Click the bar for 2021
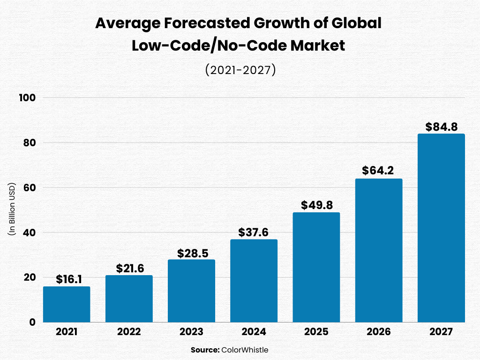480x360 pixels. (67, 304)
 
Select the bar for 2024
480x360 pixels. (254, 281)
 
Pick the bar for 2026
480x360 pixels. (379, 250)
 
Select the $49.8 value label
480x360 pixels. (317, 205)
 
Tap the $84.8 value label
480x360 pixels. (442, 127)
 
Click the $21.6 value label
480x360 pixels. (130, 268)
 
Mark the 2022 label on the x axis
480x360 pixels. (129, 332)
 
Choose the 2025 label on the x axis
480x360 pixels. (316, 332)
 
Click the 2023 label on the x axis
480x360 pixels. (191, 332)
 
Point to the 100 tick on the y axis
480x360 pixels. (28, 97)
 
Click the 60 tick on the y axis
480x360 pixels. (30, 187)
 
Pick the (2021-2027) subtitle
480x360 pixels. (240, 70)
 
